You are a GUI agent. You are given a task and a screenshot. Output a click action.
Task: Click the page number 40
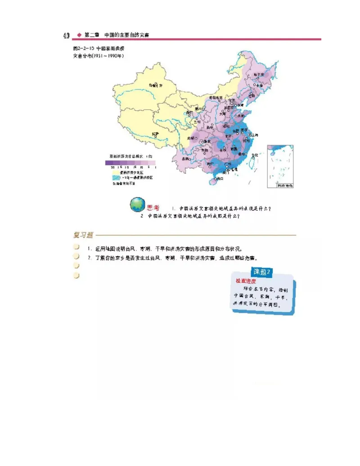click(x=66, y=35)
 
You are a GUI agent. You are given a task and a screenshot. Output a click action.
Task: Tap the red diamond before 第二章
click(x=79, y=35)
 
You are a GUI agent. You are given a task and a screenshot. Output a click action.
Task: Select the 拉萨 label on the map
click(x=155, y=134)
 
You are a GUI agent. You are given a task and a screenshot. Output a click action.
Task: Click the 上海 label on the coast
click(x=254, y=135)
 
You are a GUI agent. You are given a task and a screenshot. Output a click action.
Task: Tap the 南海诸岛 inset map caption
click(x=284, y=185)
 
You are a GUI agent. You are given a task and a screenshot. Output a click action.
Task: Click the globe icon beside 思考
click(x=137, y=205)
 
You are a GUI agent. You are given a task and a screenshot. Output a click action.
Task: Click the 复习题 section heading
click(x=83, y=235)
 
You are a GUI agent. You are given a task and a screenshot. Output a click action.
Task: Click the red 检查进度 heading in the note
click(x=246, y=280)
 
